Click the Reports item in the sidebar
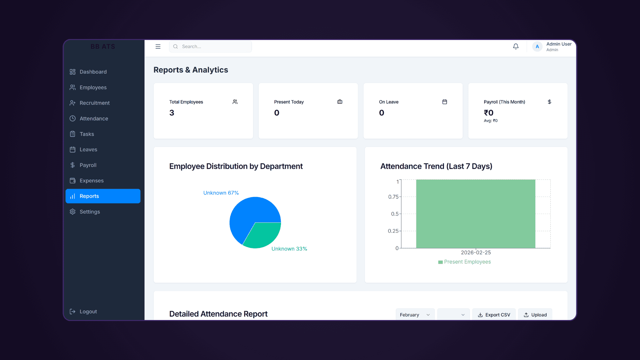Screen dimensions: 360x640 click(103, 196)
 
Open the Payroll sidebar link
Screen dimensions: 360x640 click(88, 165)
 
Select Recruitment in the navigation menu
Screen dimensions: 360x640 click(94, 103)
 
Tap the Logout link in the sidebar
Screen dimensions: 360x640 click(88, 311)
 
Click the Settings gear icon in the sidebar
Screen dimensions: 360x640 click(73, 212)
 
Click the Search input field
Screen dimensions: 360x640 click(213, 46)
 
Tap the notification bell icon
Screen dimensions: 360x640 click(516, 46)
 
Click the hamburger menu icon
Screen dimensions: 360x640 click(158, 46)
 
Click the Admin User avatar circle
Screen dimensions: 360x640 click(537, 47)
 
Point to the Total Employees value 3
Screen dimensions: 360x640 click(172, 113)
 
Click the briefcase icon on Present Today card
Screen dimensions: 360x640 click(340, 102)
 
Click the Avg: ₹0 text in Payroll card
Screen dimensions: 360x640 click(491, 121)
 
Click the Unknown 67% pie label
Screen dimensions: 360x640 click(221, 193)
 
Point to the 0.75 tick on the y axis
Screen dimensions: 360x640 click(393, 197)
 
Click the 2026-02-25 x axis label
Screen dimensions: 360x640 click(476, 252)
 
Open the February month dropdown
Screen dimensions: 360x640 click(415, 315)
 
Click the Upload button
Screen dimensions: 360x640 click(535, 315)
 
